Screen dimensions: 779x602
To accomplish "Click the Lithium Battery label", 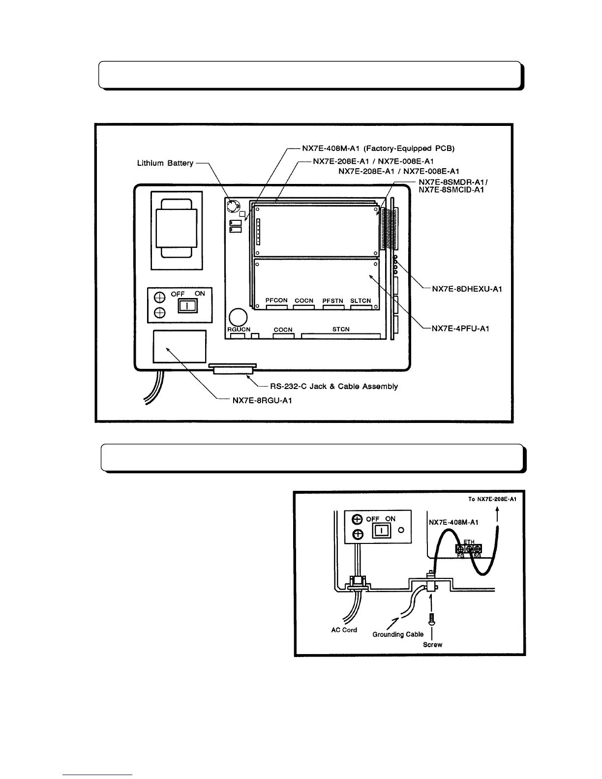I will coord(165,163).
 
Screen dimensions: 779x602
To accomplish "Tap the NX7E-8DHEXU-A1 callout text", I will coord(466,289).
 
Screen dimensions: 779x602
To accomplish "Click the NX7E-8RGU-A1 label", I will coord(262,400).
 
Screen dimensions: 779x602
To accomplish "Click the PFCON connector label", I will coord(276,300).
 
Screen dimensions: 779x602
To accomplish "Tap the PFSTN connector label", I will coord(333,300).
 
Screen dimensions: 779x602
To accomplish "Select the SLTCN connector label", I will coord(361,300).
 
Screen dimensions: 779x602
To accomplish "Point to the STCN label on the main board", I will coord(340,329).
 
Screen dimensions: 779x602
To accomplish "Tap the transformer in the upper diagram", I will coord(176,230).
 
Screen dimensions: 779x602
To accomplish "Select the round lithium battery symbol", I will coord(232,205).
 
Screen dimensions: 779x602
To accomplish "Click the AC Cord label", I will coord(344,630).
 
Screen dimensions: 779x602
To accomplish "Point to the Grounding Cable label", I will coord(398,634).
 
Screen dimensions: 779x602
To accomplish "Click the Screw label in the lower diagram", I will coord(432,645).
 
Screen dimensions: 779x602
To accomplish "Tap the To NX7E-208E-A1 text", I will coord(492,499).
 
